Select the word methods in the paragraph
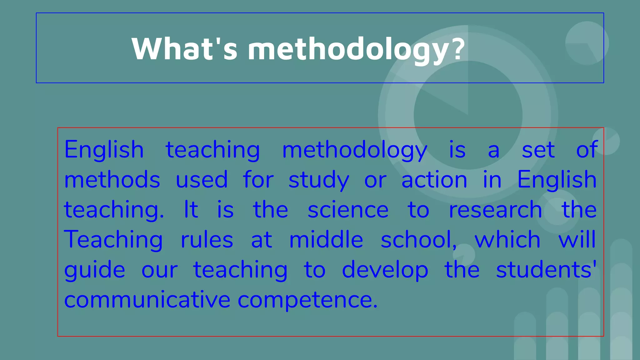click(112, 180)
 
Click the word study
click(318, 180)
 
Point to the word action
click(434, 180)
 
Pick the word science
click(348, 210)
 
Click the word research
click(495, 210)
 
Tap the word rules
click(207, 240)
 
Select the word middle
click(326, 240)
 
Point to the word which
click(507, 240)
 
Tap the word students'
click(546, 270)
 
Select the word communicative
click(147, 300)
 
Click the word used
click(202, 180)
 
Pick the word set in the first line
click(538, 150)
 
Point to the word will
click(577, 240)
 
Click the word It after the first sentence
click(191, 210)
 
